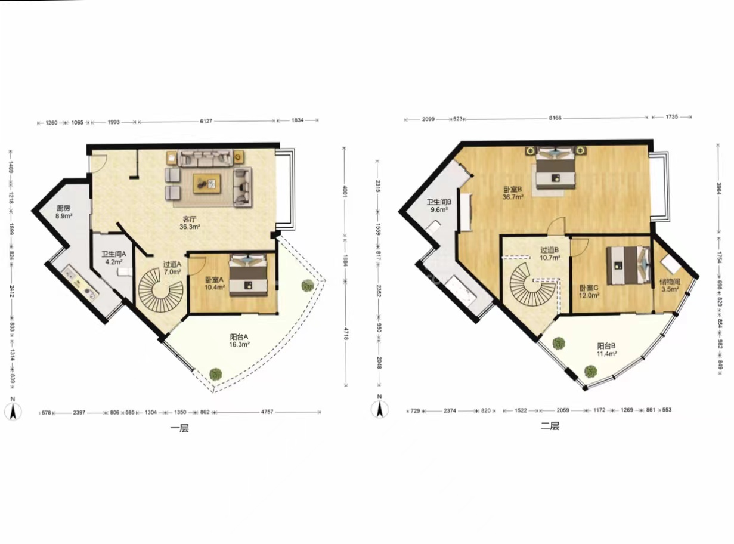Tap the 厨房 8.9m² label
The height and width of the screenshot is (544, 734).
(x=64, y=212)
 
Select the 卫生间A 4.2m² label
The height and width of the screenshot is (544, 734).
(x=113, y=258)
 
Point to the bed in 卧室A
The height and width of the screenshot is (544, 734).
(x=248, y=275)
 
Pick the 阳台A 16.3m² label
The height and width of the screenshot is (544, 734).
(x=239, y=341)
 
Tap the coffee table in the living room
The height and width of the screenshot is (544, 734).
(x=207, y=184)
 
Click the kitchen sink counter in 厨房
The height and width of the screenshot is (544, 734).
(x=81, y=282)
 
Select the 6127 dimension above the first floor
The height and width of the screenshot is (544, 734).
(x=206, y=121)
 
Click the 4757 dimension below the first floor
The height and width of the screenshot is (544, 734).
(x=267, y=412)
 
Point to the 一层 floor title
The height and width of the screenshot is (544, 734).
(x=179, y=429)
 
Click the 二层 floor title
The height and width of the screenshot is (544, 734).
(x=550, y=426)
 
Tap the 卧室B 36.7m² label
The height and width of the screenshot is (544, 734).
(x=513, y=193)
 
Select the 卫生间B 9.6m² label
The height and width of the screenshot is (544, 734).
(x=439, y=206)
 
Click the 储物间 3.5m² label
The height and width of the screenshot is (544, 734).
(x=670, y=285)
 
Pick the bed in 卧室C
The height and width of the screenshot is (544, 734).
(x=628, y=265)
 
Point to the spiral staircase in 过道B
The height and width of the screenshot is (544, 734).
(x=532, y=285)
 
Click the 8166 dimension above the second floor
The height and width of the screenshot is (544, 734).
(x=555, y=118)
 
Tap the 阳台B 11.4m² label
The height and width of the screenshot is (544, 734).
(x=606, y=350)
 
